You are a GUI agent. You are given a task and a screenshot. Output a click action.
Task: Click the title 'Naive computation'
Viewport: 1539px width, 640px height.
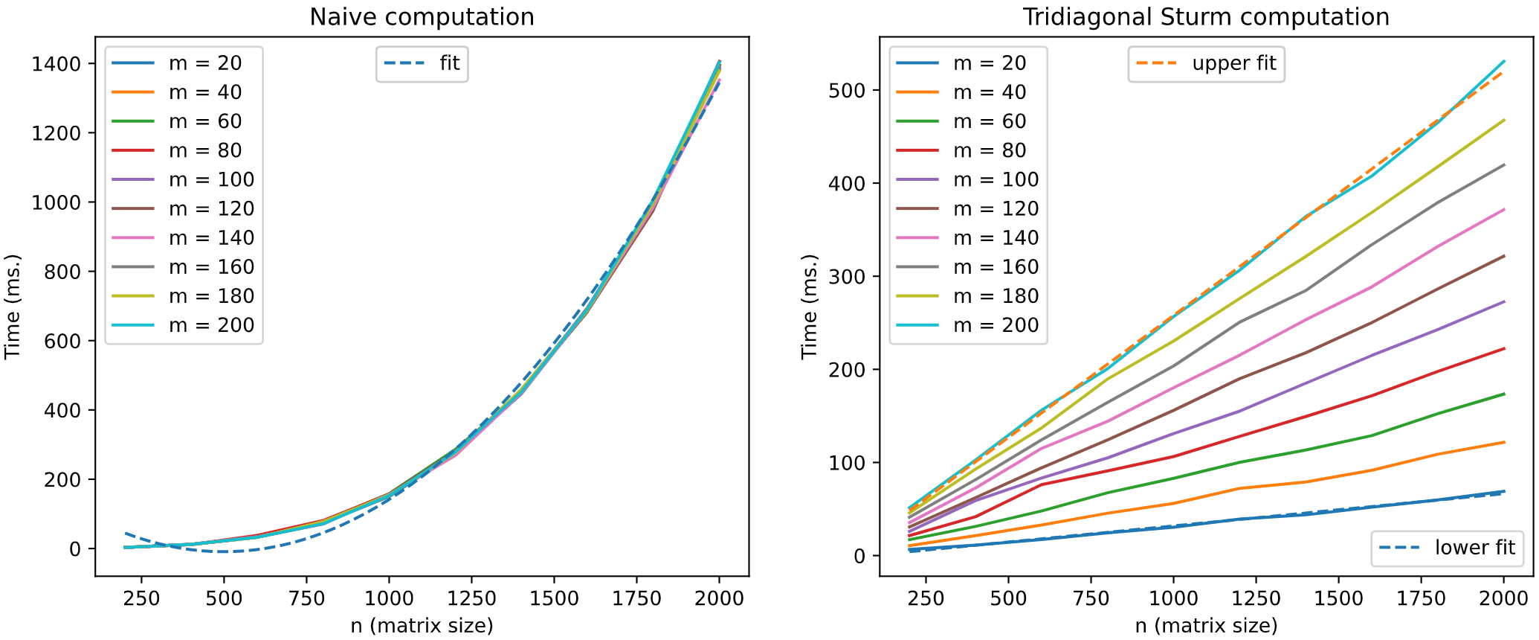click(422, 16)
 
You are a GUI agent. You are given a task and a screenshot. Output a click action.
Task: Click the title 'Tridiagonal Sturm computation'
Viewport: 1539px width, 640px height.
click(1206, 16)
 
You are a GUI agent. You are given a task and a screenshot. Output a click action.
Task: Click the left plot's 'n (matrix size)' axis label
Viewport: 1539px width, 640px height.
click(422, 626)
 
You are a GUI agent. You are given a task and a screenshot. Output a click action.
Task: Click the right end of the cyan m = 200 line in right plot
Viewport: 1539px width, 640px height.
click(1504, 61)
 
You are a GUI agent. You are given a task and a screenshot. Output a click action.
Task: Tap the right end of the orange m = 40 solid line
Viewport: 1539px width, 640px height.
click(1504, 442)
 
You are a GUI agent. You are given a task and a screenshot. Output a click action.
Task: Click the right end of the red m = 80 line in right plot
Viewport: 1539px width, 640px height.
click(1504, 348)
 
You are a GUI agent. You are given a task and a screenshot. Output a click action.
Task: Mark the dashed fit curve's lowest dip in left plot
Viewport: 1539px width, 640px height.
click(223, 551)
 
